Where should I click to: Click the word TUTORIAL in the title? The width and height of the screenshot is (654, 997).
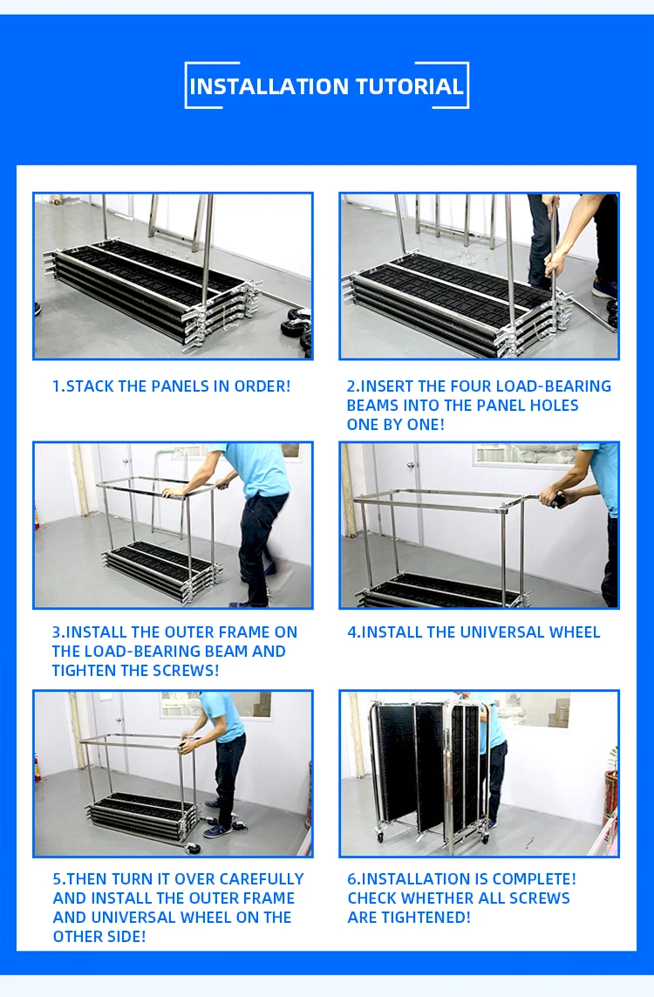coord(409,86)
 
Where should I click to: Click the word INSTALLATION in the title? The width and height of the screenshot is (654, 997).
coord(269,86)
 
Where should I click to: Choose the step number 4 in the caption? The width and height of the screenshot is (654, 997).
coord(352,632)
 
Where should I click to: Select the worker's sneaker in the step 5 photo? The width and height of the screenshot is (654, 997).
coord(217,830)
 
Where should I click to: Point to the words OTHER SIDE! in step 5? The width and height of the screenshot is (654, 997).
coord(99,936)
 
